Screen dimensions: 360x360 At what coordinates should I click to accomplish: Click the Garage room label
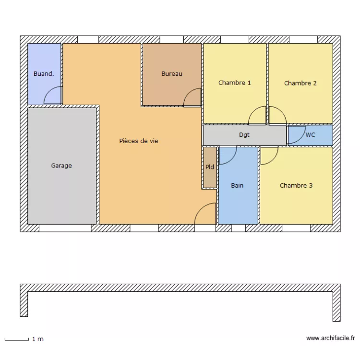tap(61, 166)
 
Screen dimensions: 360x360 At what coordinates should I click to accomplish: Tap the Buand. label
tap(43, 74)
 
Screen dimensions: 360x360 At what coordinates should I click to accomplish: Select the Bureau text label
tap(171, 74)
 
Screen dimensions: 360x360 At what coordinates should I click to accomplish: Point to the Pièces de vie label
tap(139, 141)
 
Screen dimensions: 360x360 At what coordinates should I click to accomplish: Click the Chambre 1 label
tap(234, 83)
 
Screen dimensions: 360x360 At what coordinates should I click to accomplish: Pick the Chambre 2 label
tap(300, 83)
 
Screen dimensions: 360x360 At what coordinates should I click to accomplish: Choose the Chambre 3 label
tap(296, 185)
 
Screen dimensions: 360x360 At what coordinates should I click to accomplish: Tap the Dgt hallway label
tap(244, 135)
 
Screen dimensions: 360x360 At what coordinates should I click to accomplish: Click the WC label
tap(311, 135)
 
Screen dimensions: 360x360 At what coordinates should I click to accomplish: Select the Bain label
tap(237, 185)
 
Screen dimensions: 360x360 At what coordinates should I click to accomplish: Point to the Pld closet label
tap(210, 167)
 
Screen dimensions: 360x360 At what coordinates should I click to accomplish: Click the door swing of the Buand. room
tap(53, 96)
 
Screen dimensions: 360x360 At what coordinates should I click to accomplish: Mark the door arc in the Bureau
tap(193, 97)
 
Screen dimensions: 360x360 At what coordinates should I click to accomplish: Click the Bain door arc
tap(228, 155)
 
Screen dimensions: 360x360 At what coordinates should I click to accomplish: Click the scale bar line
tap(17, 340)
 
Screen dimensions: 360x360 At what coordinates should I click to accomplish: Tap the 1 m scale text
tap(38, 339)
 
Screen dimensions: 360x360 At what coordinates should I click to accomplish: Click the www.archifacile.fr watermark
tap(330, 338)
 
